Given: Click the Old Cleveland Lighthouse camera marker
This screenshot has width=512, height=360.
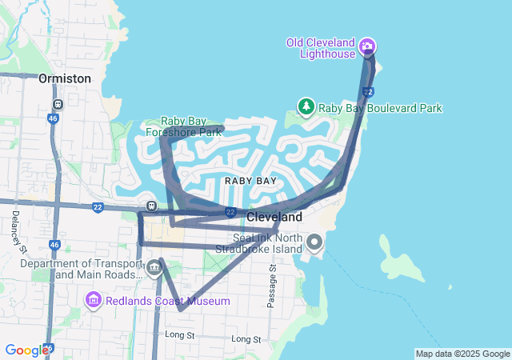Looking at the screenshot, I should point(367,46).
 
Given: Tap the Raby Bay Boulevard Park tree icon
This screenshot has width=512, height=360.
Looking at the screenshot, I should point(306,106).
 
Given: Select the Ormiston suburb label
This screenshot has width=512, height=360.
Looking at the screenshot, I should point(65,79).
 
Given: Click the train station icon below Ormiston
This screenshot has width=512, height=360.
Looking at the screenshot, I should point(58,104).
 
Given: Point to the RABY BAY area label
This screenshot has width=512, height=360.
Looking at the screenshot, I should point(250,181).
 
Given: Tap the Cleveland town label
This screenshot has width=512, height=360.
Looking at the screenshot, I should point(274,218).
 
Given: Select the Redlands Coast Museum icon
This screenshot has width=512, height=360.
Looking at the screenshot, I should point(94,301).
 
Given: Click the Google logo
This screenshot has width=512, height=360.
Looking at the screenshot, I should point(26,350).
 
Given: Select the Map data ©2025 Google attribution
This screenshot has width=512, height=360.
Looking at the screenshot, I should point(462,354).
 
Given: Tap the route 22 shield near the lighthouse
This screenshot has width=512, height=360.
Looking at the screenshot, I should point(368,92).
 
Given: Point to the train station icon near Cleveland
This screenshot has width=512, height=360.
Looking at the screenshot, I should point(151,205).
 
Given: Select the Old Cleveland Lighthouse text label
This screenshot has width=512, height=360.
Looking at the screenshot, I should point(321,48).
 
